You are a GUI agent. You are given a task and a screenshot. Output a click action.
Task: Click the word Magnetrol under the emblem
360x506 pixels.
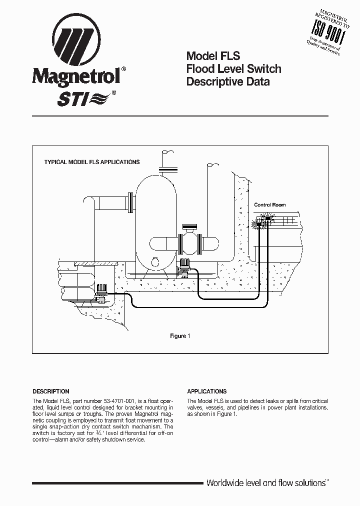click(76, 76)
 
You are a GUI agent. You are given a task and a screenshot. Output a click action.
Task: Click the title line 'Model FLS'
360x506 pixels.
click(213, 55)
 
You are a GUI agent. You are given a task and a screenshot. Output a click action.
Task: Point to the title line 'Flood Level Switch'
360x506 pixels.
click(233, 68)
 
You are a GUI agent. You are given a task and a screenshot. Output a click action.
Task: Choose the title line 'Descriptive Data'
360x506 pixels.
click(227, 81)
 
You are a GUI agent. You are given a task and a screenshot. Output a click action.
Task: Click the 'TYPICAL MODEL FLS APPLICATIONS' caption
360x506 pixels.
click(92, 162)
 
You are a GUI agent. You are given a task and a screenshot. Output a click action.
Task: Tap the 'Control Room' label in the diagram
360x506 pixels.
click(269, 205)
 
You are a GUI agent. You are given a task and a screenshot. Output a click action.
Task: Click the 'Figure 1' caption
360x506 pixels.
click(180, 336)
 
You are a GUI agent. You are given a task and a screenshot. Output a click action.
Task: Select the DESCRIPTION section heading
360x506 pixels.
click(51, 391)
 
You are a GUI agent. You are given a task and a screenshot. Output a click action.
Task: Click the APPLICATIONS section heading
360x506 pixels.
click(206, 391)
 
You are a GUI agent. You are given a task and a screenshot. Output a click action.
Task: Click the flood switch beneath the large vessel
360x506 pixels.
click(183, 267)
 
